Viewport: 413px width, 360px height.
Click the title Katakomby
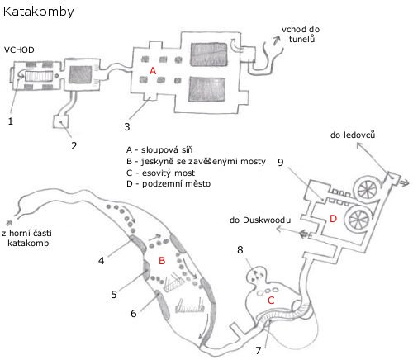(x=38, y=12)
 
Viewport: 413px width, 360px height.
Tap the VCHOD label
(x=19, y=50)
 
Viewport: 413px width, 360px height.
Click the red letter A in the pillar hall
(x=153, y=71)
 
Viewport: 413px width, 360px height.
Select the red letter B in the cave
(x=162, y=260)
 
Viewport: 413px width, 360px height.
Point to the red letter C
(x=271, y=301)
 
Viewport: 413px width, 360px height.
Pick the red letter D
(x=333, y=219)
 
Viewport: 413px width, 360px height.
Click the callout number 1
(x=11, y=121)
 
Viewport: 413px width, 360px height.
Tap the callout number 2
(x=74, y=146)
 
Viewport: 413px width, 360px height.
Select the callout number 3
(x=127, y=127)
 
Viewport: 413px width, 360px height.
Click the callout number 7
(x=259, y=351)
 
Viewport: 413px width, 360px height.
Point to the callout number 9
(x=280, y=162)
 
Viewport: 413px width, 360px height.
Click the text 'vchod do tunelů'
(x=301, y=34)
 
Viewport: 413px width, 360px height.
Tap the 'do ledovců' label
(x=353, y=135)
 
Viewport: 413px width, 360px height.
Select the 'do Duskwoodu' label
(x=260, y=220)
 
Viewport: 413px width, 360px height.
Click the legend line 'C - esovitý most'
(x=160, y=173)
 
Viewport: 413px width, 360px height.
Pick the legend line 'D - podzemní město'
(x=169, y=184)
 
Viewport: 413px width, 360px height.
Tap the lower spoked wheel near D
(x=358, y=219)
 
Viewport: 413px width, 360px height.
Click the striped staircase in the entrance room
(x=39, y=76)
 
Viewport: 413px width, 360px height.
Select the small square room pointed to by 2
(x=60, y=121)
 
